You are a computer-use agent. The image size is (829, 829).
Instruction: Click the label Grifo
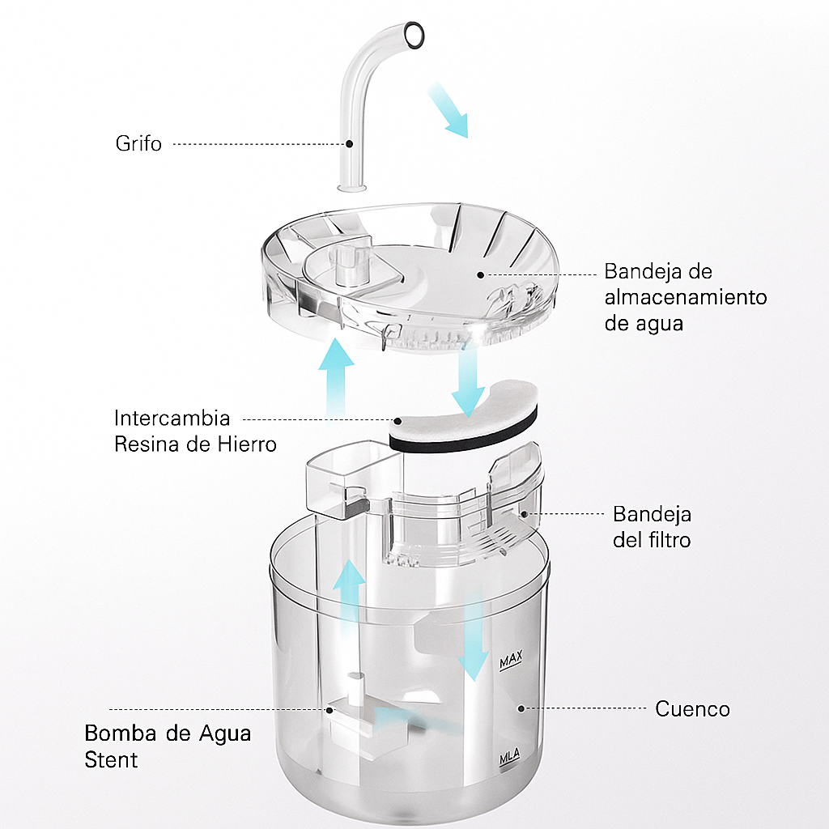click(x=138, y=143)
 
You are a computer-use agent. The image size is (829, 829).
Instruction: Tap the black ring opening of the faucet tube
click(x=414, y=36)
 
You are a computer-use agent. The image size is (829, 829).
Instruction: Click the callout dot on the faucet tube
click(x=349, y=143)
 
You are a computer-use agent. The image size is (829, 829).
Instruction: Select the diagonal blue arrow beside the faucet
click(x=447, y=110)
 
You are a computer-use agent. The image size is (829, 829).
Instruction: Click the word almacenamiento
click(x=686, y=297)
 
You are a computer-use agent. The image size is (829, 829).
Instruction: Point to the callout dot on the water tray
click(x=480, y=275)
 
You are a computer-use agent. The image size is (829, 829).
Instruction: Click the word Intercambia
click(x=172, y=419)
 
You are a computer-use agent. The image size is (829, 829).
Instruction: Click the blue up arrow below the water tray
click(x=336, y=377)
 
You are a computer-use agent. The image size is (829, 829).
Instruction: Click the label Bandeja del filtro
click(x=652, y=527)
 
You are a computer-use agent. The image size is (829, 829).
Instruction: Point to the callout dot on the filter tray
click(x=524, y=513)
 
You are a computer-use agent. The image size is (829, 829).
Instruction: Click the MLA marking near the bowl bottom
click(x=510, y=757)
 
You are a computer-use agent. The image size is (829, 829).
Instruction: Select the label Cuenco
click(x=693, y=709)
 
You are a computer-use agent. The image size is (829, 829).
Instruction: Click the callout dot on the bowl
click(x=521, y=708)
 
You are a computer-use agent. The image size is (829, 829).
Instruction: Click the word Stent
click(x=111, y=759)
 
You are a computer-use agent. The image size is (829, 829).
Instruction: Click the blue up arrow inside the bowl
click(x=349, y=592)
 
